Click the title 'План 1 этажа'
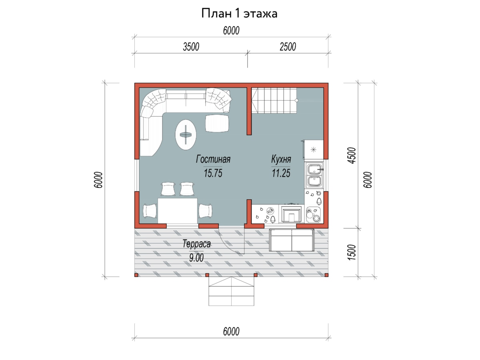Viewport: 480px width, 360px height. pos(239,14)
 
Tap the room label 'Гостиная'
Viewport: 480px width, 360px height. pos(213,159)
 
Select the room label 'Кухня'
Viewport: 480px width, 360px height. pos(281,159)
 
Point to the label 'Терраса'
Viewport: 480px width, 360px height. pos(196,244)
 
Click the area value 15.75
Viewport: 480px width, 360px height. pos(213,173)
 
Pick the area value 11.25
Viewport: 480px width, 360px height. pos(281,173)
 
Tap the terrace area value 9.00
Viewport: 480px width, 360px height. pos(196,258)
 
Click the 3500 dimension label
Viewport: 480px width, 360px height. pos(191,47)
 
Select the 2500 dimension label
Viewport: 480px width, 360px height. pos(288,47)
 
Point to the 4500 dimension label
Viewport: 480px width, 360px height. pos(352,156)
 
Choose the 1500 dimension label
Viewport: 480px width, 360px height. pos(352,252)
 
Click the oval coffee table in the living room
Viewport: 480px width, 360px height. pos(186,135)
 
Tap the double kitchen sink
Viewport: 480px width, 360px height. pos(314,175)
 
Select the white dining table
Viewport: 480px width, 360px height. pos(177,211)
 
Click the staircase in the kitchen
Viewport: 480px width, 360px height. pos(274,100)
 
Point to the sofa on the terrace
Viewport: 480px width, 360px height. pos(292,240)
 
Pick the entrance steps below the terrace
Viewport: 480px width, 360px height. pos(231,291)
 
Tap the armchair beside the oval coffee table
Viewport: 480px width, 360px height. pos(217,123)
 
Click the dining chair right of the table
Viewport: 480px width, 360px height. pos(205,211)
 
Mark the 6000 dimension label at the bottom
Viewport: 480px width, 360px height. pos(231,332)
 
